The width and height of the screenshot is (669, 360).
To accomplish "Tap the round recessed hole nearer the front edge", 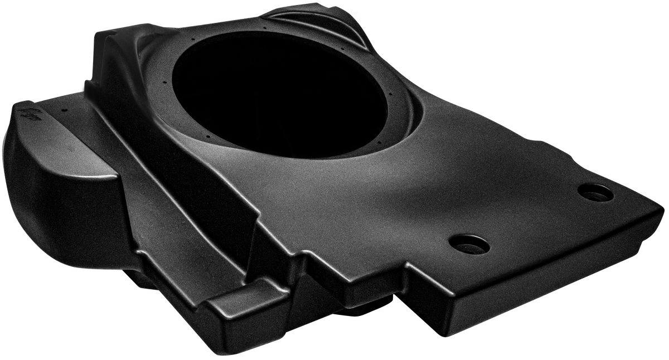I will pyautogui.click(x=469, y=244).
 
